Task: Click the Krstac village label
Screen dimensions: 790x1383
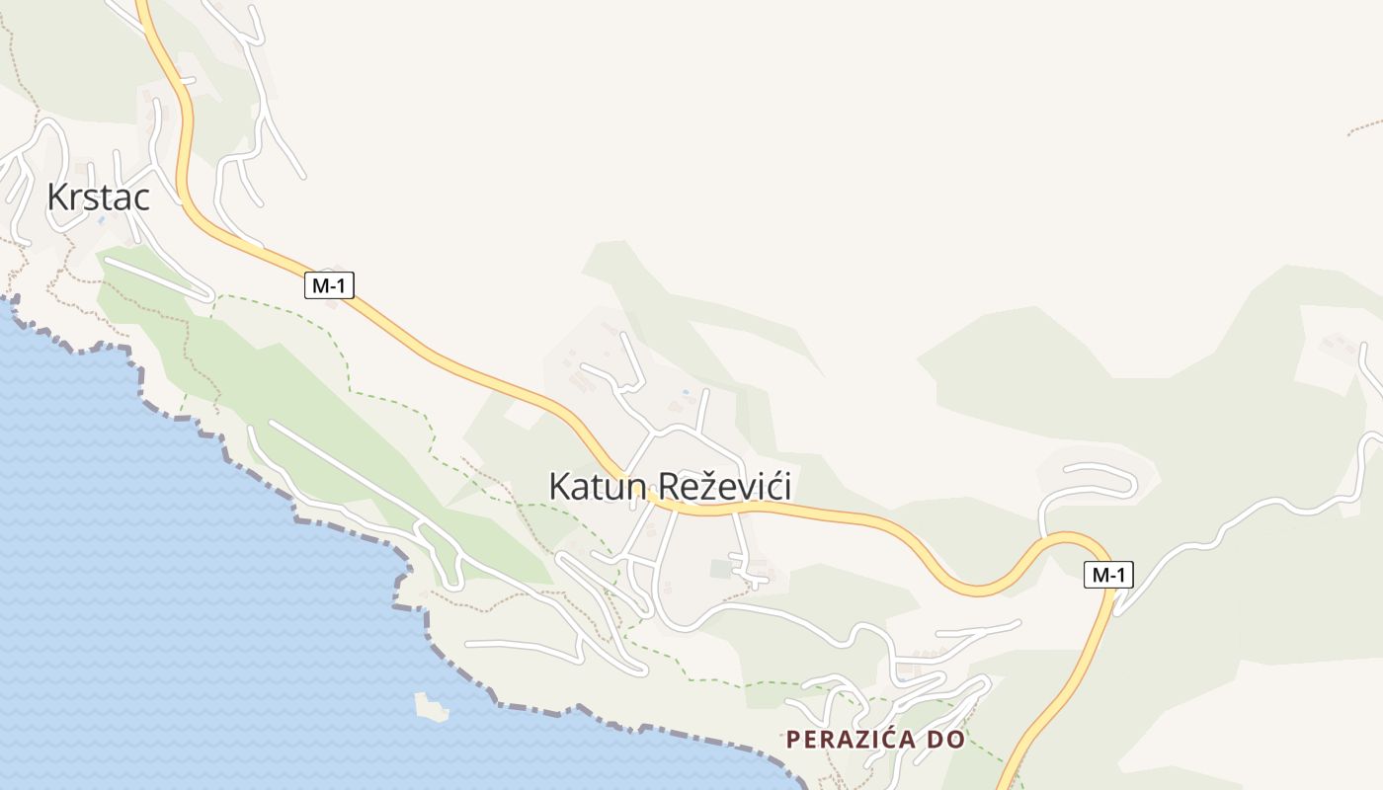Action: [x=99, y=197]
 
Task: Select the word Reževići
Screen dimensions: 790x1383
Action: [x=724, y=487]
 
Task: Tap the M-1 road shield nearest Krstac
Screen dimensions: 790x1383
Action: [x=329, y=285]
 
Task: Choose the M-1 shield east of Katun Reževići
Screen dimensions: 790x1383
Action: [x=1108, y=575]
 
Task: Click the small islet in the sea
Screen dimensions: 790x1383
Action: [x=431, y=706]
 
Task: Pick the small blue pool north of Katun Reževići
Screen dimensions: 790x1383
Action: [x=686, y=393]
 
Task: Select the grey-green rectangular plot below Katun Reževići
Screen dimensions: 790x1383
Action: [x=721, y=569]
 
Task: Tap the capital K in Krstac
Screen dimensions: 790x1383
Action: [x=57, y=197]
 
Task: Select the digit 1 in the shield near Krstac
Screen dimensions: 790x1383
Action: [x=344, y=285]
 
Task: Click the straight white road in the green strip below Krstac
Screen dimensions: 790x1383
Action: [x=158, y=277]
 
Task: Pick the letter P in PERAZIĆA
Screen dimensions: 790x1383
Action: [x=792, y=739]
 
